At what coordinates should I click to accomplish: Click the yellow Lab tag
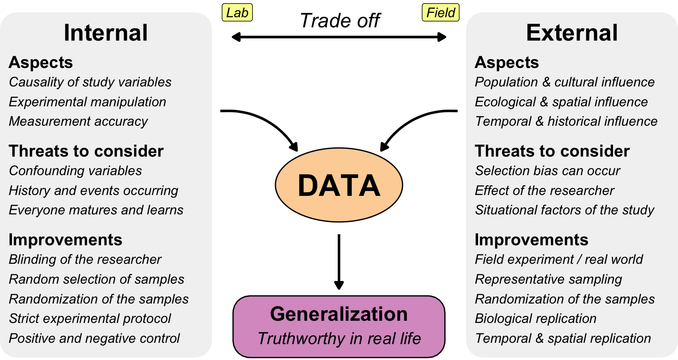[237, 13]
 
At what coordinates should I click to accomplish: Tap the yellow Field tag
[441, 13]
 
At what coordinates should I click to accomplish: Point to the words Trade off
[339, 20]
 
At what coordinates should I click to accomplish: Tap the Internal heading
[105, 33]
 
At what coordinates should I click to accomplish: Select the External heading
[572, 33]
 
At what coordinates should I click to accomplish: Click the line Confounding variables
[75, 171]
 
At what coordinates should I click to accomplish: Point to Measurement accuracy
[79, 121]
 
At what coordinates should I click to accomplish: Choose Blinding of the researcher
[85, 259]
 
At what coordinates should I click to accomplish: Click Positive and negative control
[94, 338]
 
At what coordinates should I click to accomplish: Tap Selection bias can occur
[547, 171]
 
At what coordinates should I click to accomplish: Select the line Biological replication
[535, 319]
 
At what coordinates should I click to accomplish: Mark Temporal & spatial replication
[563, 338]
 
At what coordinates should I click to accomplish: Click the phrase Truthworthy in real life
[339, 338]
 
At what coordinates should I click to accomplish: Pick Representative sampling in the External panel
[548, 279]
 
